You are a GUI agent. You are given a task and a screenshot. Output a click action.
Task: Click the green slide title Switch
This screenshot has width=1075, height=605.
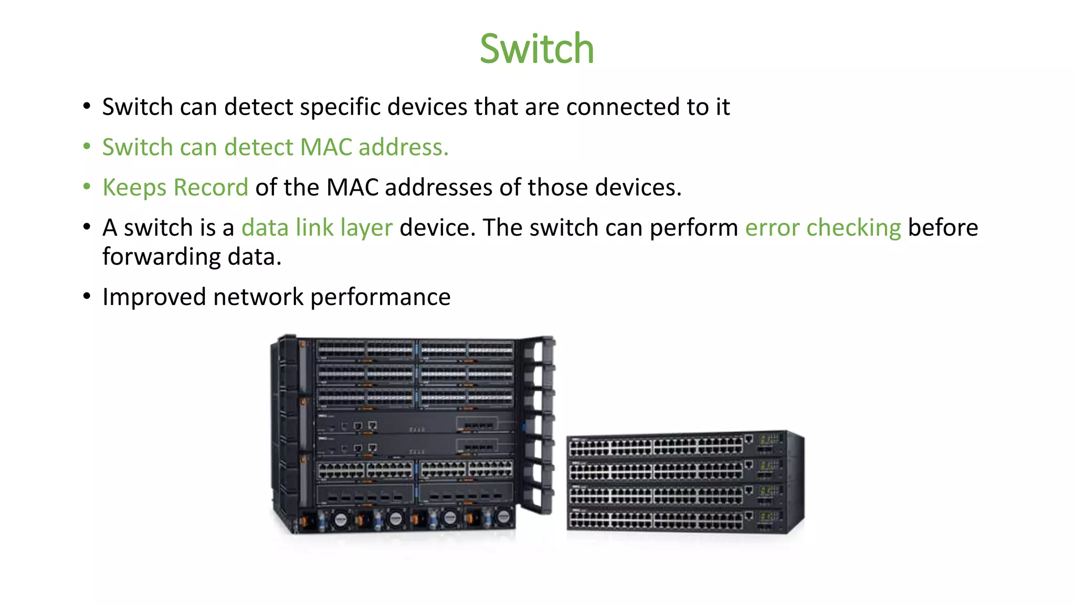(x=536, y=49)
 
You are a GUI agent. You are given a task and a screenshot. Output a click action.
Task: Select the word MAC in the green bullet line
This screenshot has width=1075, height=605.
(x=325, y=147)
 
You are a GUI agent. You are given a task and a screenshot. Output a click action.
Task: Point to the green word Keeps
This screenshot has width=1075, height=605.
(x=134, y=187)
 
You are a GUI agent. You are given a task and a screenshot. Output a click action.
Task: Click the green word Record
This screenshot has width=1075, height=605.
(x=211, y=187)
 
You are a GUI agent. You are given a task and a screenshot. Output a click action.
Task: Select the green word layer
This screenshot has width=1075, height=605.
(x=366, y=228)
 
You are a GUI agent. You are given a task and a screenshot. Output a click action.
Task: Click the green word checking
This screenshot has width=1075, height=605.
(x=853, y=228)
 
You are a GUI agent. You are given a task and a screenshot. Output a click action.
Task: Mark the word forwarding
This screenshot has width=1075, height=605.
(x=161, y=257)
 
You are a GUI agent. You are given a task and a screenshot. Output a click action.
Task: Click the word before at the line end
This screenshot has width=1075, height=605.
(x=943, y=228)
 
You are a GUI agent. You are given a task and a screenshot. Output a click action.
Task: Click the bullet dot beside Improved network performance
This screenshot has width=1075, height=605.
(x=87, y=296)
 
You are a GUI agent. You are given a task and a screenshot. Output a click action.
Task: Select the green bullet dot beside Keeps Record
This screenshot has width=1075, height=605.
(x=87, y=186)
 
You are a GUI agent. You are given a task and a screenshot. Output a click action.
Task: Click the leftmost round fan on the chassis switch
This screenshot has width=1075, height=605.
(x=341, y=519)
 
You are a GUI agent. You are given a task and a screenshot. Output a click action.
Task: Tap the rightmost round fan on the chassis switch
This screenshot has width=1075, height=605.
(x=503, y=517)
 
